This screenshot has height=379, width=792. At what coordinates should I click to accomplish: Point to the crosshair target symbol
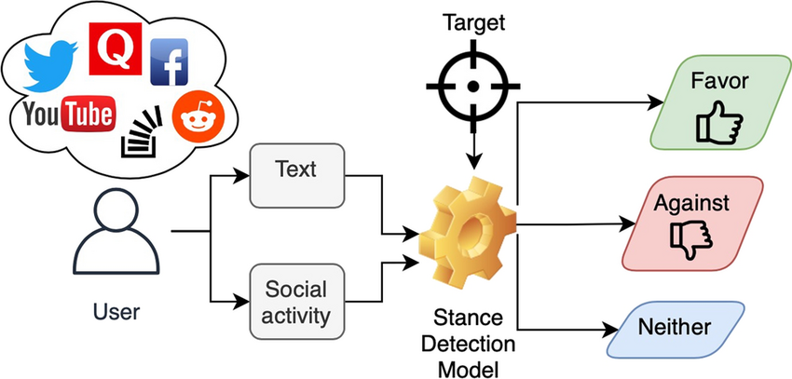click(472, 87)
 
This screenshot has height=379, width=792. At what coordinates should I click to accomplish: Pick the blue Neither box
click(675, 328)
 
